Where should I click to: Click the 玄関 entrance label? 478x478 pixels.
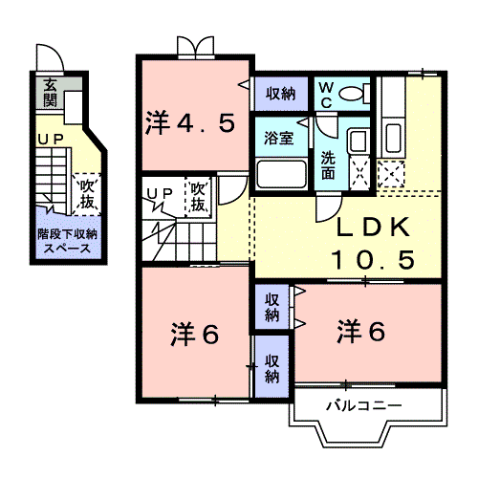click(48, 94)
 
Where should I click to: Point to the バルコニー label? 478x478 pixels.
click(362, 406)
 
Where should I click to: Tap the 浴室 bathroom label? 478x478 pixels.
click(279, 136)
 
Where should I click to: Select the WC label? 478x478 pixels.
click(326, 94)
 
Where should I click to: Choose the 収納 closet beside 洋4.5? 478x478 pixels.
click(280, 94)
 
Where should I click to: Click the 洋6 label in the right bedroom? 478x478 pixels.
click(360, 332)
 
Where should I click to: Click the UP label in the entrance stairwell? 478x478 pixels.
click(48, 141)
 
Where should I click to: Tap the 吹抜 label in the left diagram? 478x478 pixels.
click(87, 190)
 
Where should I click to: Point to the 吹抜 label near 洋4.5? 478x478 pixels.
click(198, 198)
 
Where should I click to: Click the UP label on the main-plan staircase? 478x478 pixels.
click(159, 194)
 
